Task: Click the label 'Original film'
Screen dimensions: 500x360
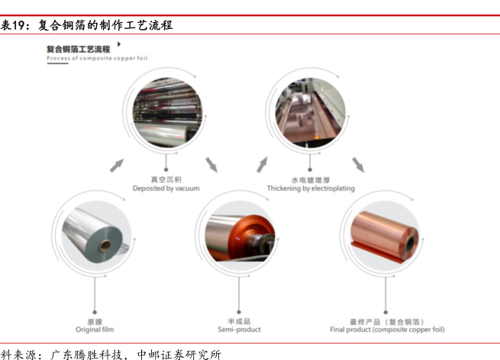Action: coord(95,329)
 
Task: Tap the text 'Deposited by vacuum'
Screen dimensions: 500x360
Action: coord(166,188)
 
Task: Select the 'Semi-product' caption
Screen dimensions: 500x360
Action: coord(239,329)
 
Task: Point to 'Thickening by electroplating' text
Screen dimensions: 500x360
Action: coord(311,188)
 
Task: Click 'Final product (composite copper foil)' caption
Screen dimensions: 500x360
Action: coord(387,329)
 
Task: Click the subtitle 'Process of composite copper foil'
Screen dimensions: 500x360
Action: coord(97,58)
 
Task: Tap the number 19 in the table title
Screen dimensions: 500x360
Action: coord(18,25)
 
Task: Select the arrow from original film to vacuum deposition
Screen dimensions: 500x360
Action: coord(117,166)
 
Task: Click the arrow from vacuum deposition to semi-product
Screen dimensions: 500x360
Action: coord(211,165)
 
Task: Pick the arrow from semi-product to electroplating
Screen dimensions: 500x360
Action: coord(262,165)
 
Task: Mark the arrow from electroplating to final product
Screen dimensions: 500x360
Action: coord(358,165)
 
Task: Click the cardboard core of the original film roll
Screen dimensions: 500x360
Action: coord(105,246)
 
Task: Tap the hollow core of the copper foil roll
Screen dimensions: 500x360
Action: coord(411,243)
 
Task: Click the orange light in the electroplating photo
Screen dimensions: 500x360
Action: coord(317,137)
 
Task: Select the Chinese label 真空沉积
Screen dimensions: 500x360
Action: coord(166,180)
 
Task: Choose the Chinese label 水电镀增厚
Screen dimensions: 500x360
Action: coord(311,180)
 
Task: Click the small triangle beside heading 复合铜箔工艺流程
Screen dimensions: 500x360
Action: coord(119,44)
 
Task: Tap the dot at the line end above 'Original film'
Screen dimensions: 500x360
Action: coord(95,312)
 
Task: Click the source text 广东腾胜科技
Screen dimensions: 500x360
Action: coord(86,355)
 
